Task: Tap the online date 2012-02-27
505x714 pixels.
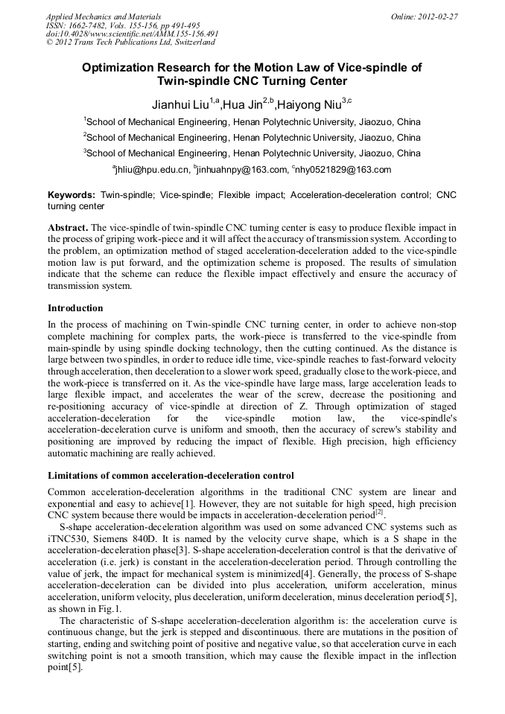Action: pos(436,16)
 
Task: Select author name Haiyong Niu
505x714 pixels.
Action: pos(310,103)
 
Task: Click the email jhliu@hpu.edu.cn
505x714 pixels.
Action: pos(153,170)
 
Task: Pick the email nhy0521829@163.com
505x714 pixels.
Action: pos(343,170)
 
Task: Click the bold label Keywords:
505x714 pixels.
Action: pos(72,194)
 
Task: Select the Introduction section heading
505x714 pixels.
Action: pos(75,307)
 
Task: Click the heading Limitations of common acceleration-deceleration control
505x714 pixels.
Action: pos(171,475)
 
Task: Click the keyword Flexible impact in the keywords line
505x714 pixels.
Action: pos(251,194)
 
